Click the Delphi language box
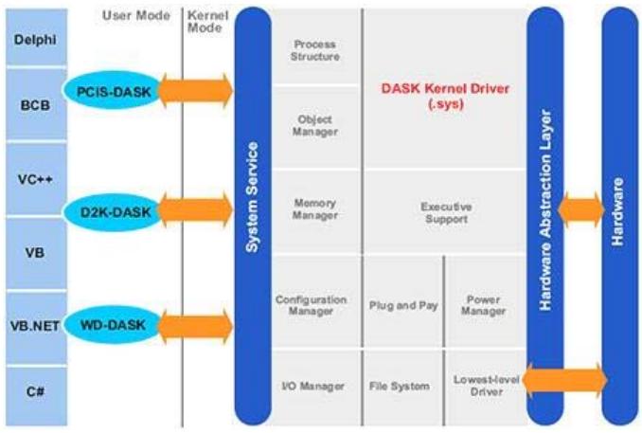(36, 37)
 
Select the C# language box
(36, 396)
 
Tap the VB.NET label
(35, 326)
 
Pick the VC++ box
(36, 179)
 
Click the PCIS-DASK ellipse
(114, 91)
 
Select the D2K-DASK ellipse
(114, 212)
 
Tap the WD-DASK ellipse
(113, 325)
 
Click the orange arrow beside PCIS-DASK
(195, 91)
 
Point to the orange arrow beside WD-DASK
(195, 327)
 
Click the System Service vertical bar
(253, 216)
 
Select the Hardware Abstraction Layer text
(545, 209)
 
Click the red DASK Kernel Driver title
(445, 96)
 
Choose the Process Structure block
(315, 46)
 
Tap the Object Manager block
(315, 127)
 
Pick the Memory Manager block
(315, 211)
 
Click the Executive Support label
(446, 212)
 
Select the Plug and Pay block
(402, 303)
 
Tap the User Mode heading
(136, 15)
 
